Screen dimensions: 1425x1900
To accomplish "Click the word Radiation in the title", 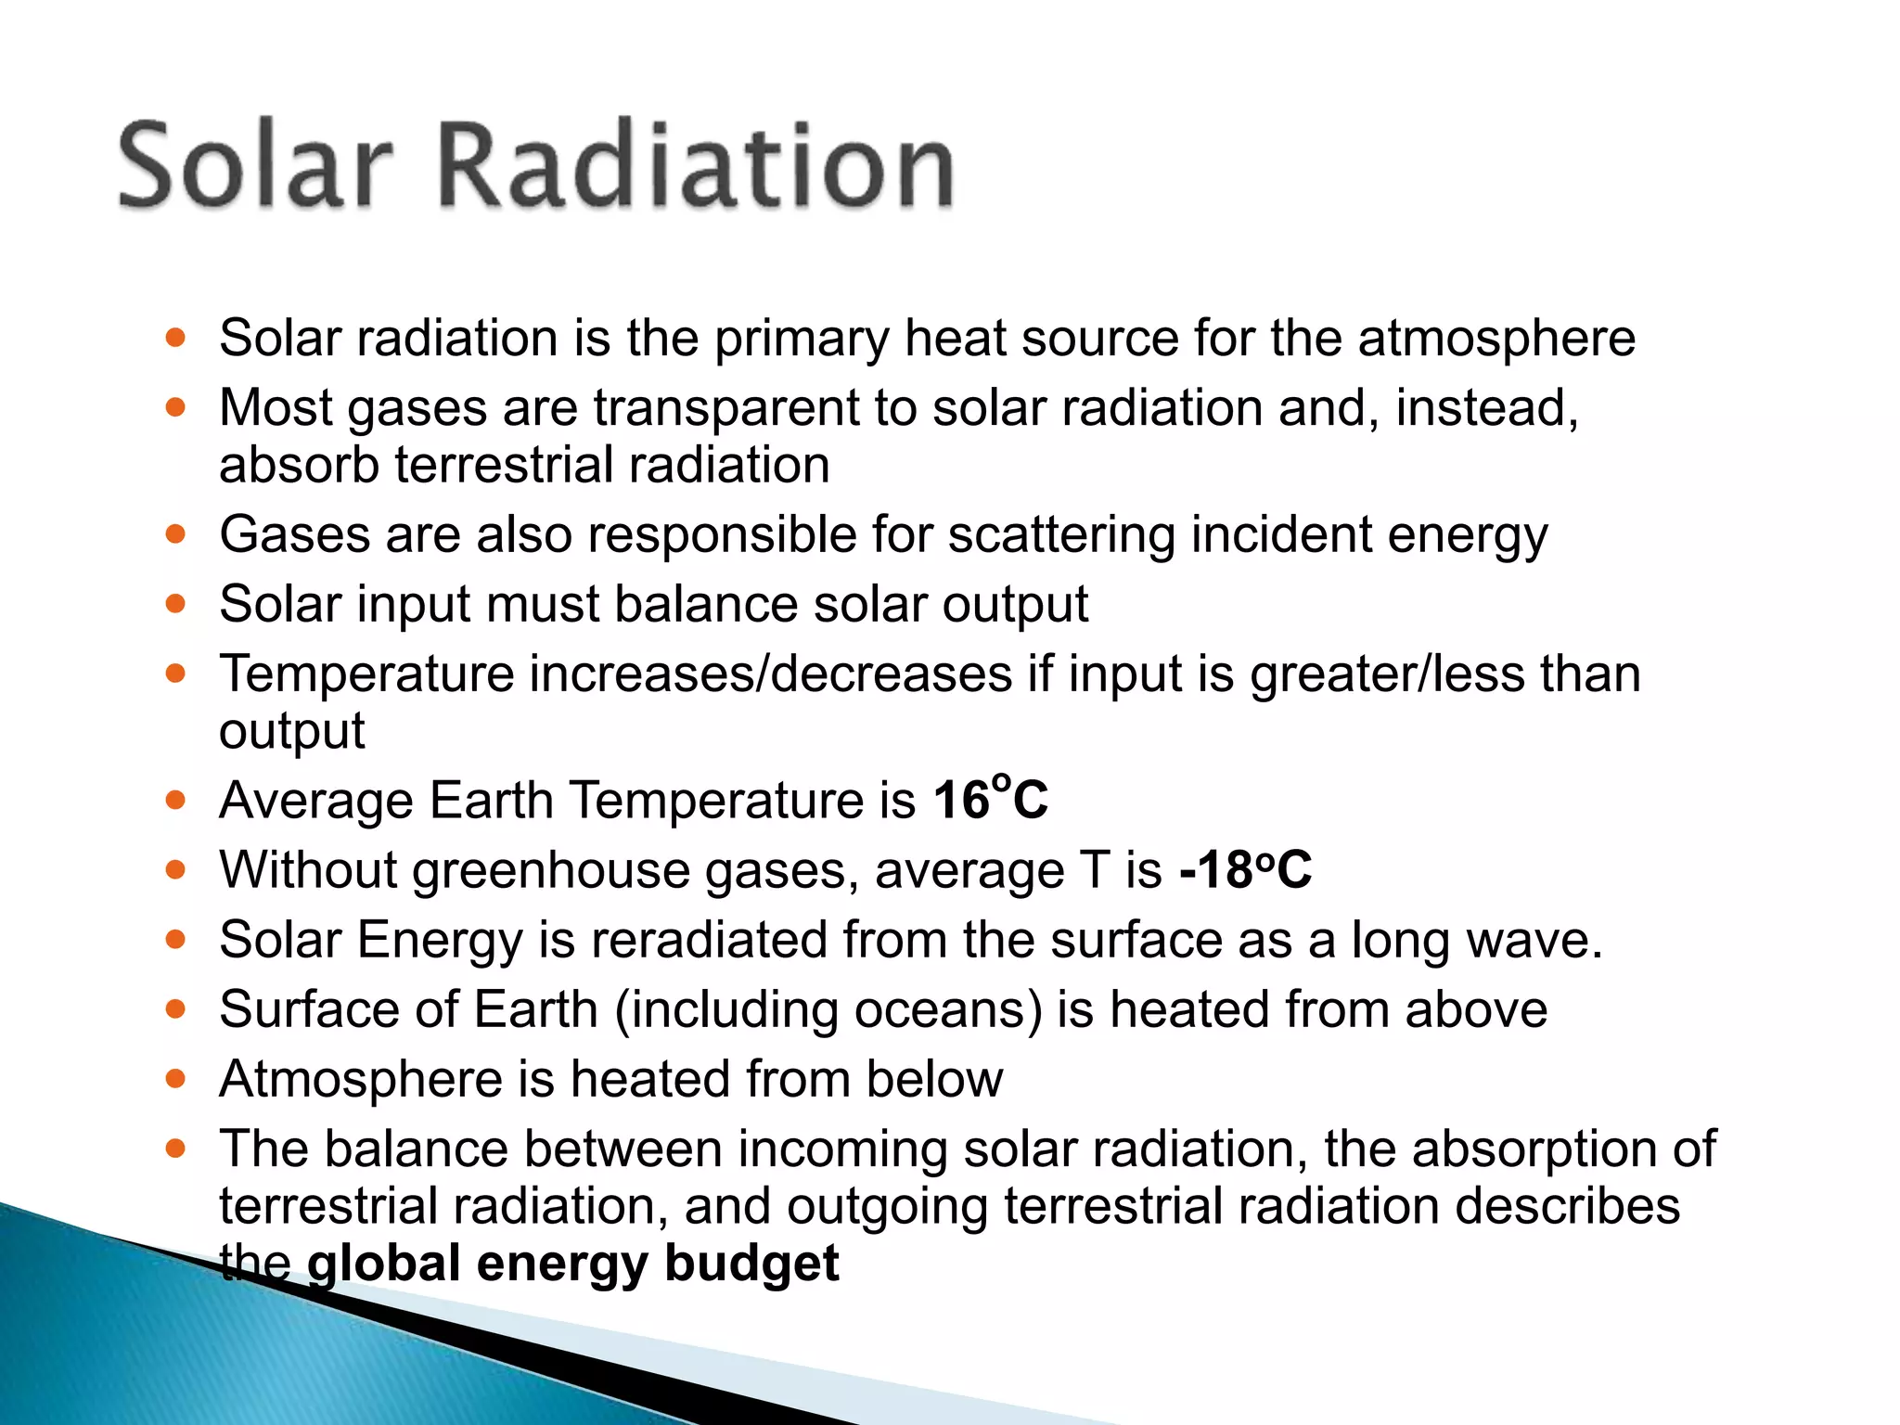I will (x=694, y=165).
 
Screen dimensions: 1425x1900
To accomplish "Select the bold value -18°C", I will (x=1245, y=870).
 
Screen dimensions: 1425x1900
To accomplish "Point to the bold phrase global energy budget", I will (x=572, y=1263).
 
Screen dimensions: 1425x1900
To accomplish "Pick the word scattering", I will (x=1061, y=535).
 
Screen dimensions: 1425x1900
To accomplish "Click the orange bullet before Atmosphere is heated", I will (x=175, y=1079).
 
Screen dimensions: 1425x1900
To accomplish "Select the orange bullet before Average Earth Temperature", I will (x=175, y=800).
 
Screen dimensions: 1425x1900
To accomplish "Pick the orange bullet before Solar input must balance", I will (x=175, y=605).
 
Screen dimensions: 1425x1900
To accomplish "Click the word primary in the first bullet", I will (x=802, y=339).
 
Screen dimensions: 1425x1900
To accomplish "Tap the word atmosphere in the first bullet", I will (x=1496, y=339).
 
